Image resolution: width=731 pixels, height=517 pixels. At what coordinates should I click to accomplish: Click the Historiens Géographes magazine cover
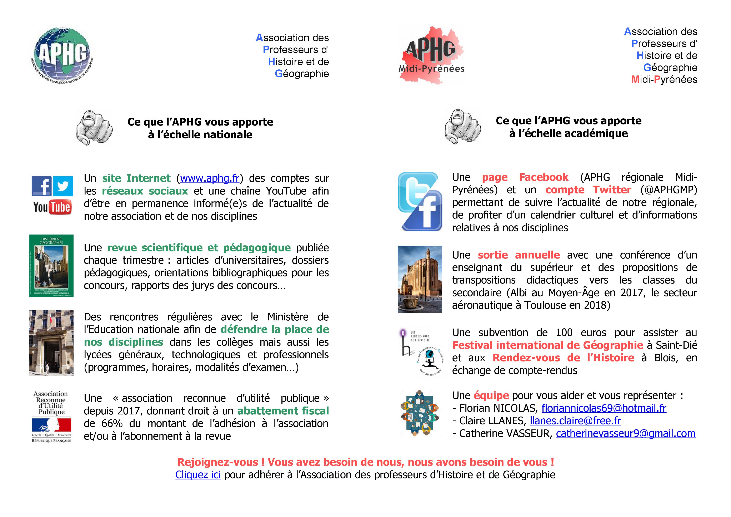51,266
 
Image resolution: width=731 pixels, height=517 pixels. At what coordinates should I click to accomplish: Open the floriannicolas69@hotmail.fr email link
604,408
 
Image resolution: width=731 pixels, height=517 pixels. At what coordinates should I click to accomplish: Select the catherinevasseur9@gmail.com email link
625,434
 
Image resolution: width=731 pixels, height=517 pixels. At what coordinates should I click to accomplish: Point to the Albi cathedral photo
420,279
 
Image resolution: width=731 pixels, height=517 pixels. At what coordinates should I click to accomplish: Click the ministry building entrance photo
51,343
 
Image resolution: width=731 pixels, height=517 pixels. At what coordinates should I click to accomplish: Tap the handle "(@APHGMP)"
669,190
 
